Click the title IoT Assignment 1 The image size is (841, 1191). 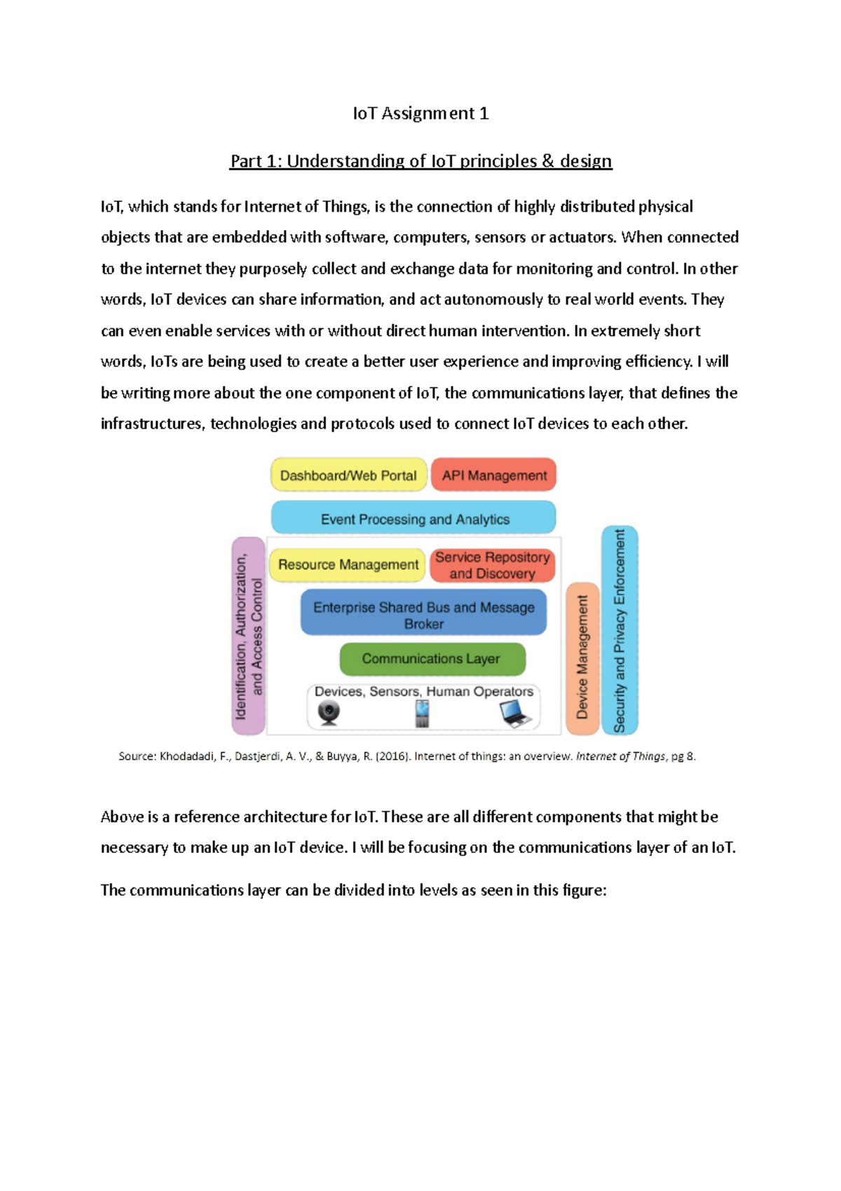[x=420, y=114]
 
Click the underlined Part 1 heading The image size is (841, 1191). [x=420, y=161]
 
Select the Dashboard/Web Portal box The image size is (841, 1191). [x=348, y=476]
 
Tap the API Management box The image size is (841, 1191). [x=494, y=476]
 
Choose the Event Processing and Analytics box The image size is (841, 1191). [x=414, y=519]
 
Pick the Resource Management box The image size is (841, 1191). [x=348, y=565]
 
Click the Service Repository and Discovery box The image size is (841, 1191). [x=492, y=565]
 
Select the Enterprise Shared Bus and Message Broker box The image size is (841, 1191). [x=423, y=615]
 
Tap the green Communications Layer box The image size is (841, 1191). [x=432, y=659]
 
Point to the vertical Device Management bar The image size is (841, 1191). [x=582, y=658]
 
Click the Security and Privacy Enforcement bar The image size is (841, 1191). [x=620, y=630]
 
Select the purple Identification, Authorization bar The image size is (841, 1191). [x=248, y=635]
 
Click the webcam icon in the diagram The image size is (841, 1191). [x=329, y=713]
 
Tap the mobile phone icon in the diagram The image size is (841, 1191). [x=422, y=713]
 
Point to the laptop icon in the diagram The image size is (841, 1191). [x=515, y=713]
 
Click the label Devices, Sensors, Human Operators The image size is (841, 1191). [x=423, y=692]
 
